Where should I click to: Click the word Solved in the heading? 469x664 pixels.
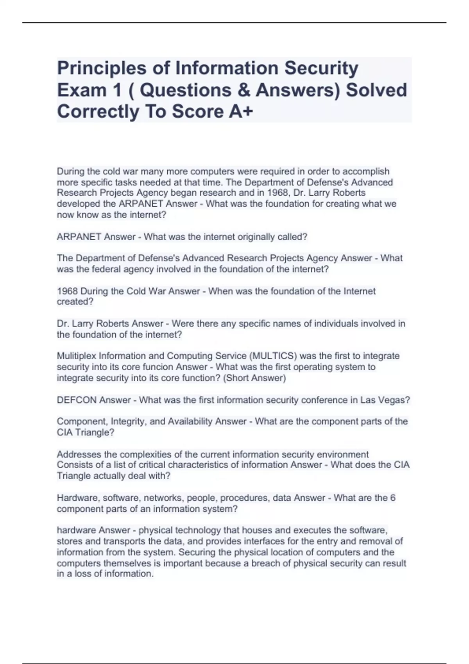click(377, 90)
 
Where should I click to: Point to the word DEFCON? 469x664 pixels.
click(77, 400)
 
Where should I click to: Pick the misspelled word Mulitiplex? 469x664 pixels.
click(77, 356)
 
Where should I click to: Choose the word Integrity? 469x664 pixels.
click(129, 421)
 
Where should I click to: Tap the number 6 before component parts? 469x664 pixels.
click(393, 498)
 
